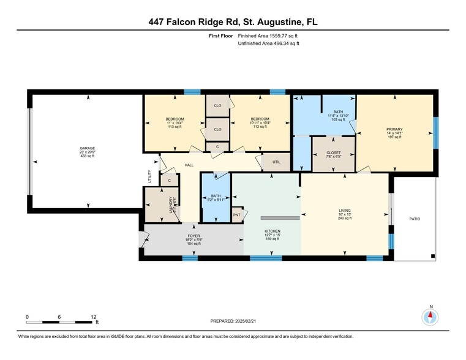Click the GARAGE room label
86,148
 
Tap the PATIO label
415,219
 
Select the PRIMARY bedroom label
394,129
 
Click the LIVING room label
345,210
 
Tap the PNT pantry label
236,215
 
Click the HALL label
189,164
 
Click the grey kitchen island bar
280,217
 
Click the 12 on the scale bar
94,317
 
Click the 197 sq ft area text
394,137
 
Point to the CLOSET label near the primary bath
333,152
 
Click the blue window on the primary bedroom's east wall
435,132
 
